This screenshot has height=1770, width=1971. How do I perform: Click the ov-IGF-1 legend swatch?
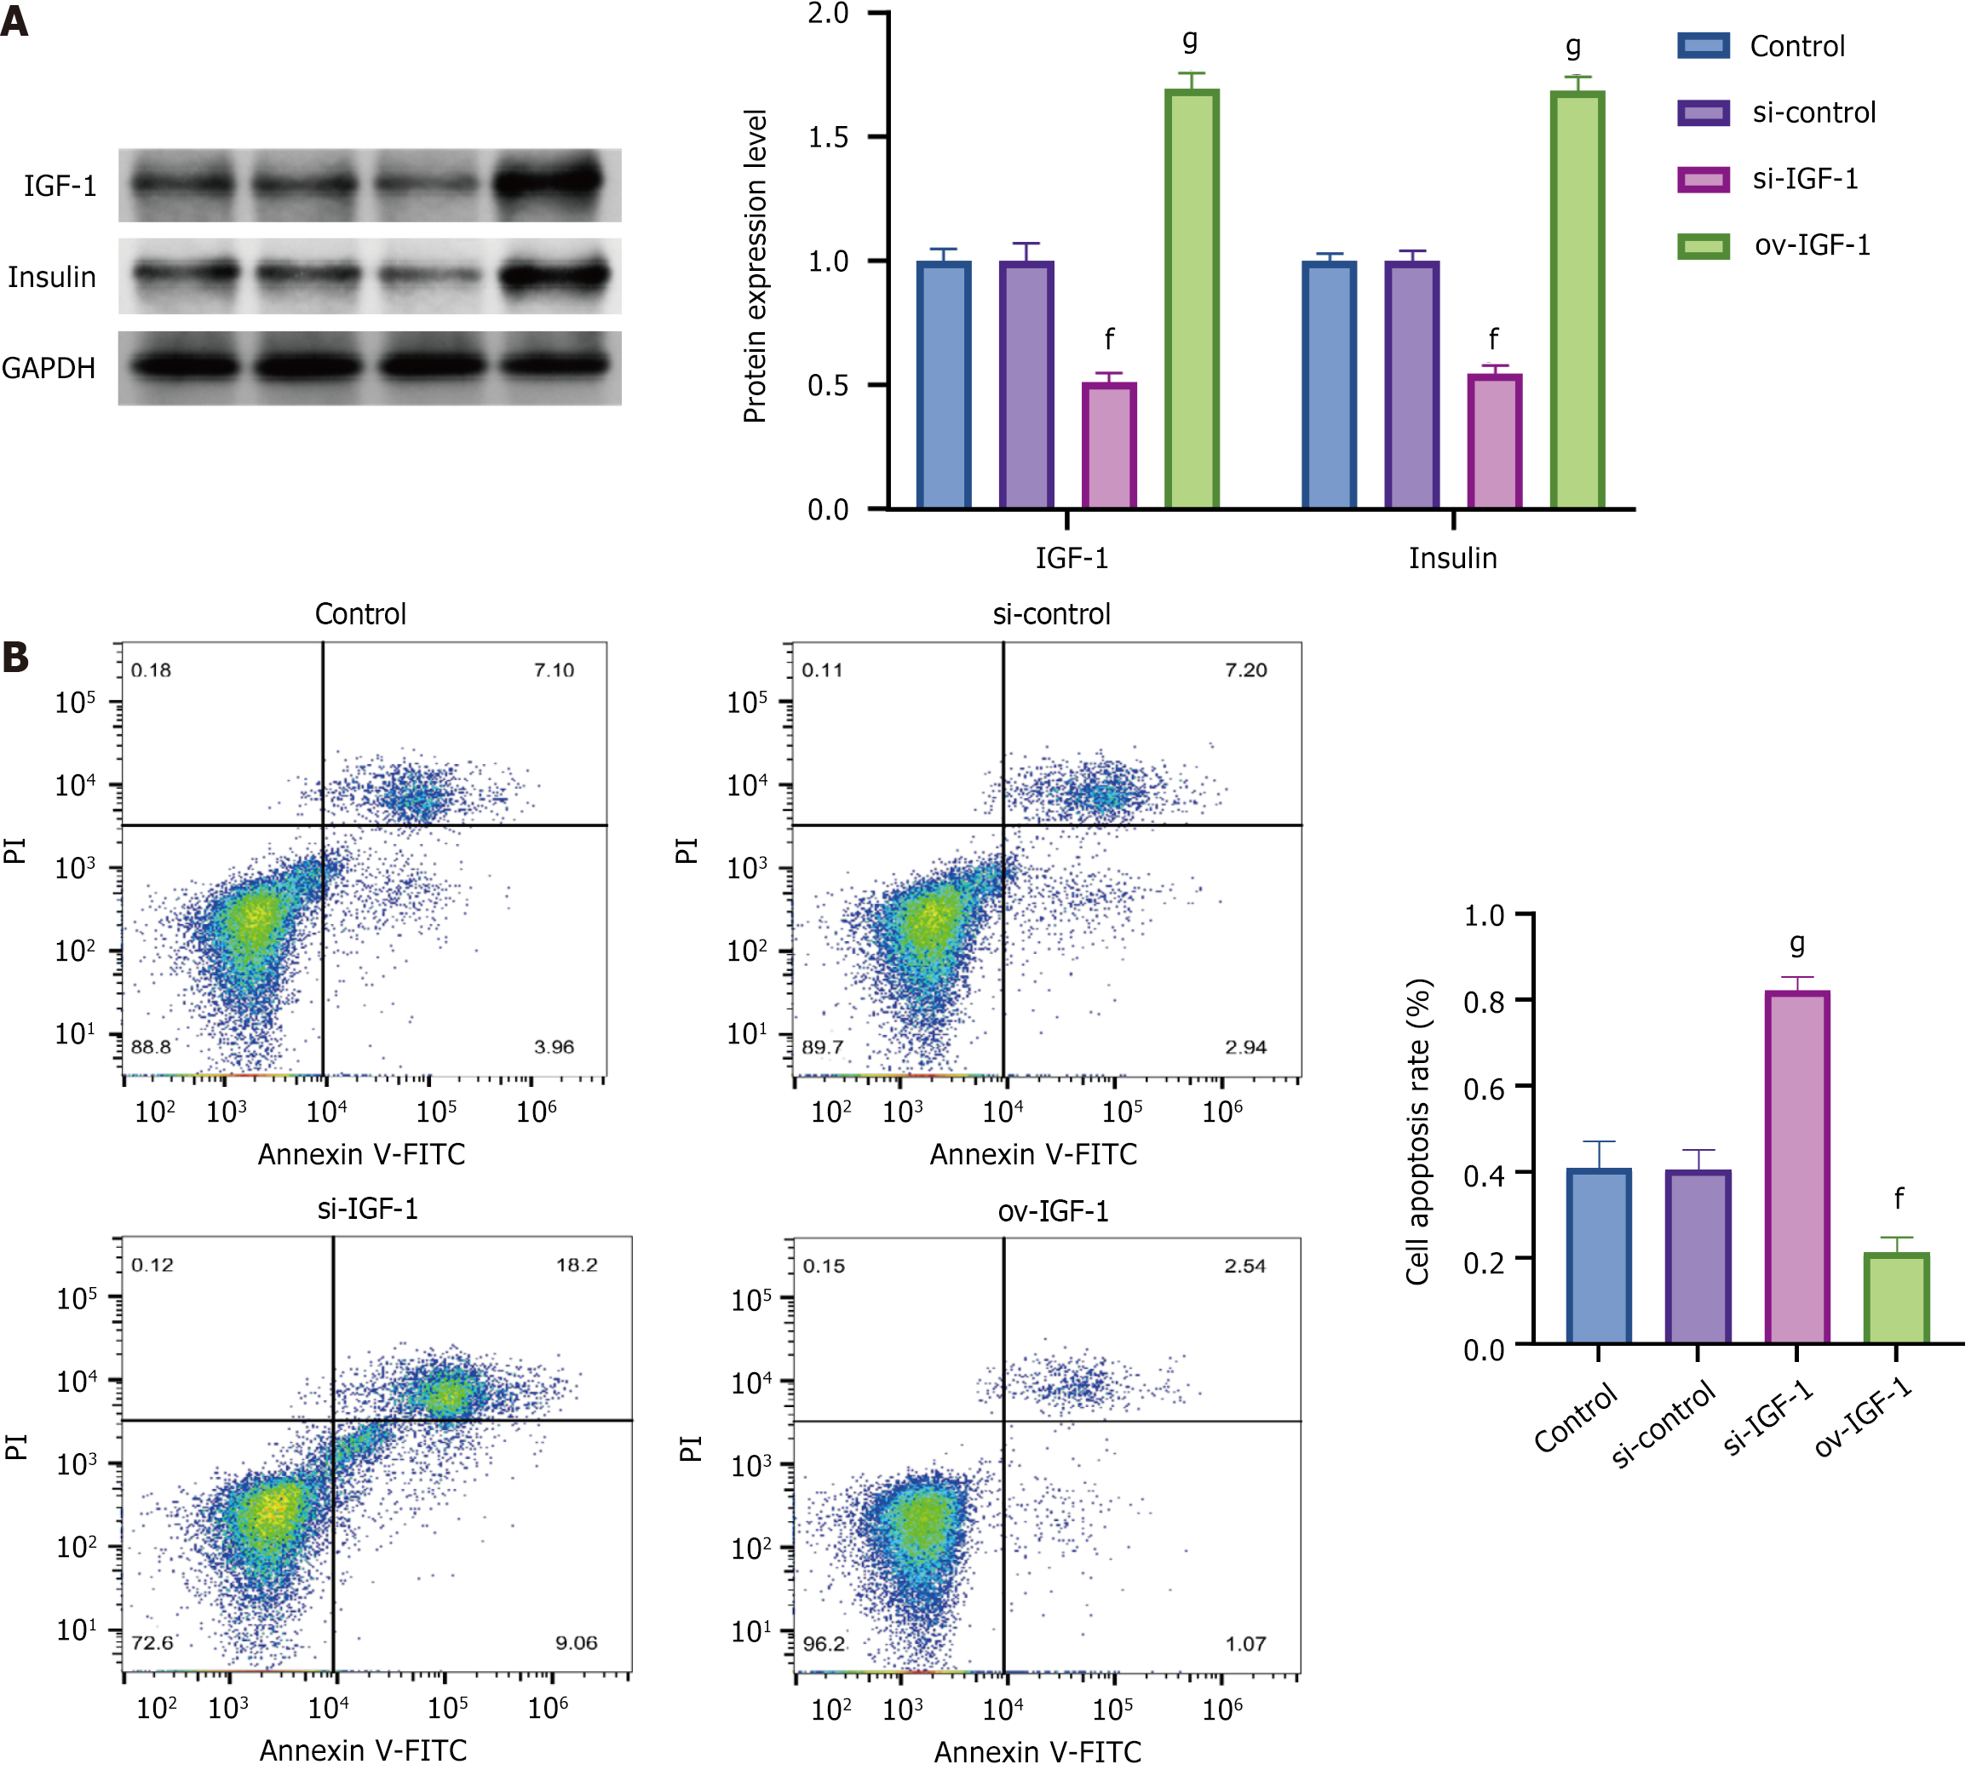pos(1703,246)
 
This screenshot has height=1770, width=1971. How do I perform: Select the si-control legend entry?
pos(1813,112)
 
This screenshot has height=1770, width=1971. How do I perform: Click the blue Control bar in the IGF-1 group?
pos(943,384)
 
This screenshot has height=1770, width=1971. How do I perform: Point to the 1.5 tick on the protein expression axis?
pos(829,137)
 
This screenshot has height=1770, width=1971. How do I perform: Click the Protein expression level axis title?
pos(756,267)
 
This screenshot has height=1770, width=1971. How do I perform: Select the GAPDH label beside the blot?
pos(49,369)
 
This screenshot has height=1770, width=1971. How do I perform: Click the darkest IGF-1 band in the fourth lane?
pos(550,181)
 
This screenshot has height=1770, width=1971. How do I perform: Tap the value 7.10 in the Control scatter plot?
pos(554,670)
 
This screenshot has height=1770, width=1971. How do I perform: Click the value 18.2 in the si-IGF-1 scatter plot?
pos(577,1265)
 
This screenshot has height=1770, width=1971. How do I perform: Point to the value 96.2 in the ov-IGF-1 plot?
pos(824,1644)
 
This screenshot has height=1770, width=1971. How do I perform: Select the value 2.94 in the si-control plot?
pos(1245,1048)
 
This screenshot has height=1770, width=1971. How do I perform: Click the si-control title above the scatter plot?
pos(1051,615)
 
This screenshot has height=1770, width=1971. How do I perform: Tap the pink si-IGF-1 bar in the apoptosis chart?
pos(1797,1167)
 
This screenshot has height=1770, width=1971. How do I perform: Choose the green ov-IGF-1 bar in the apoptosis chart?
pos(1896,1298)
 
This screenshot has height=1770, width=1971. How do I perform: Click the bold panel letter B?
pos(15,658)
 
